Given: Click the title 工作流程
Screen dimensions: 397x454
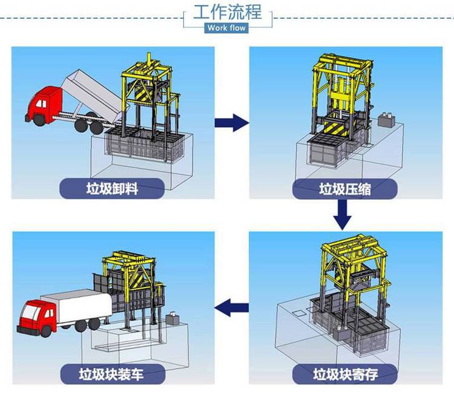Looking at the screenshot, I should pyautogui.click(x=227, y=13).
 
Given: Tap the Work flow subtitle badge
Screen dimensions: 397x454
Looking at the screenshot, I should pyautogui.click(x=227, y=28).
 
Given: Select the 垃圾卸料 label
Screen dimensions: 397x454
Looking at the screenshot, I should pyautogui.click(x=112, y=188).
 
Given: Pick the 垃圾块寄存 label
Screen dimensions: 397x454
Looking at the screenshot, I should pyautogui.click(x=345, y=373).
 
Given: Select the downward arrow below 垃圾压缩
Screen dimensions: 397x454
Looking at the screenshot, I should pyautogui.click(x=343, y=214).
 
